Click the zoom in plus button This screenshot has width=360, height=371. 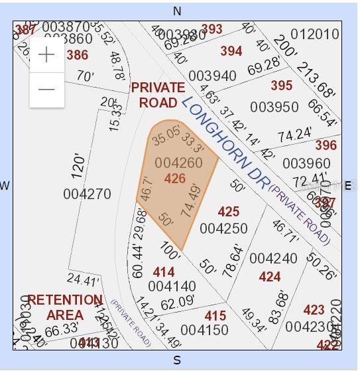tap(46, 55)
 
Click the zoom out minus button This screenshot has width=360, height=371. tap(46, 89)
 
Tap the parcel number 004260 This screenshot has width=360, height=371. tap(178, 163)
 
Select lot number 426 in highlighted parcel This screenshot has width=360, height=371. tap(175, 179)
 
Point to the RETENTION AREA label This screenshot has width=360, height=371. tap(65, 307)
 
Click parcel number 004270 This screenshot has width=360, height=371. tap(87, 194)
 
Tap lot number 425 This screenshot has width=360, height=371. tap(228, 212)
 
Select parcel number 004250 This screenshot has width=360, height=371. tap(223, 228)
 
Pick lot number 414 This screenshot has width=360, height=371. tap(164, 272)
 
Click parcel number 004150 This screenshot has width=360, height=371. tap(204, 330)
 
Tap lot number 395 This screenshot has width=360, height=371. tap(282, 86)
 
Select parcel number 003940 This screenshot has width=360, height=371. tap(212, 76)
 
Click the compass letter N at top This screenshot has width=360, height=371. tap(177, 11)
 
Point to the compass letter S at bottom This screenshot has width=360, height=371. tap(177, 360)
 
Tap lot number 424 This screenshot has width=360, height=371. tap(270, 277)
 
